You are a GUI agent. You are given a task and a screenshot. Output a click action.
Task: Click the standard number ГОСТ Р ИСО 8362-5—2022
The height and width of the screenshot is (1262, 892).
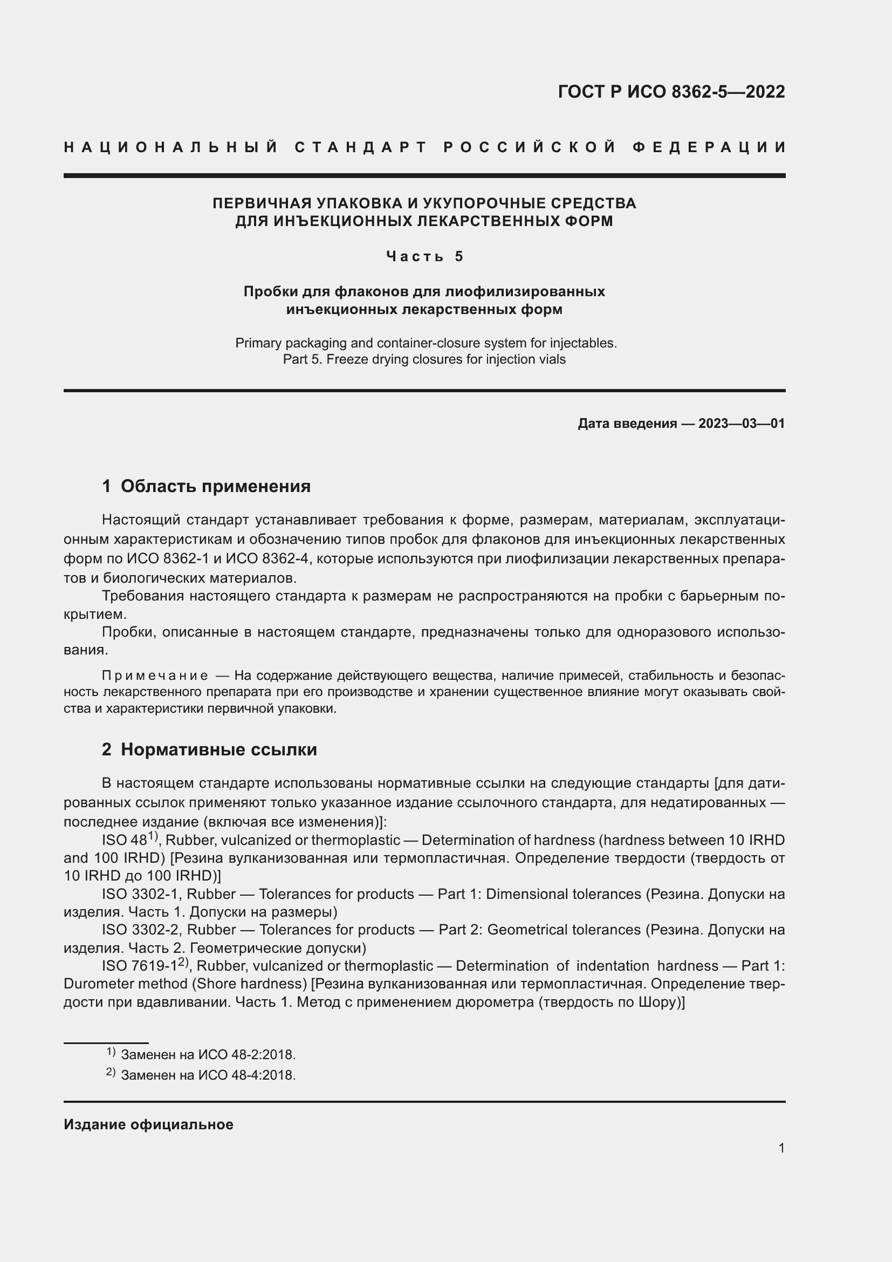tap(671, 92)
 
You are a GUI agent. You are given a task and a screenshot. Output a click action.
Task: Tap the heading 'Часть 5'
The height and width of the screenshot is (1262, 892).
tap(425, 256)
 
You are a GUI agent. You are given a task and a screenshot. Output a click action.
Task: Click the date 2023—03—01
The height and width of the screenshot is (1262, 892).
tap(742, 423)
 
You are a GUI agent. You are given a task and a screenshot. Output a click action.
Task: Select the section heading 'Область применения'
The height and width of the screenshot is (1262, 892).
tap(215, 486)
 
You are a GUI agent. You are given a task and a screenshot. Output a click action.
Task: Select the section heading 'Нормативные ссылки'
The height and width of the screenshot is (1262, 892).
tap(218, 749)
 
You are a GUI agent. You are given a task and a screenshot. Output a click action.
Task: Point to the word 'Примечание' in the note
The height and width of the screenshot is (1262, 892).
tap(155, 675)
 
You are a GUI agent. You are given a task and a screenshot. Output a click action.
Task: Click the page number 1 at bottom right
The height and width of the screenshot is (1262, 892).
tap(781, 1148)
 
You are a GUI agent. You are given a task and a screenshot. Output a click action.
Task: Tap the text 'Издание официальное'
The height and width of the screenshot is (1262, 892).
tap(148, 1124)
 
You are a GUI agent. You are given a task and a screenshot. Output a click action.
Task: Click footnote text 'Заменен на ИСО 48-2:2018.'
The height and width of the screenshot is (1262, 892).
tap(208, 1055)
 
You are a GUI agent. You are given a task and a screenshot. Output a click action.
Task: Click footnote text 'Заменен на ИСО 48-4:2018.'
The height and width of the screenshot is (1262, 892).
tap(208, 1075)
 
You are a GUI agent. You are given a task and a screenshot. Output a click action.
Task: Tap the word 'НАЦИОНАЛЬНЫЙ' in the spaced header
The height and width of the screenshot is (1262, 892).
tap(171, 147)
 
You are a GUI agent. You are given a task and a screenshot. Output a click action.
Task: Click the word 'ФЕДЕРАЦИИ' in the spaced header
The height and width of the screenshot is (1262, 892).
tap(709, 147)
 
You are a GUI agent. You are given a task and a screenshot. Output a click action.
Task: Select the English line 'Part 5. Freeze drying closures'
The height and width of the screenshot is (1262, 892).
tap(424, 359)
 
